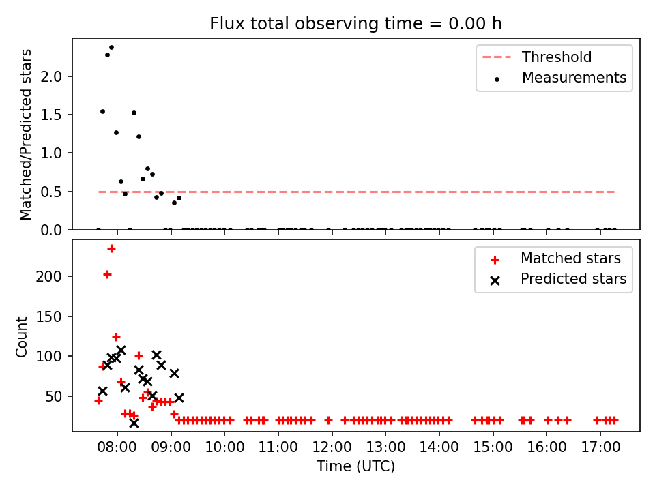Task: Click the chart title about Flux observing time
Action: pyautogui.click(x=355, y=24)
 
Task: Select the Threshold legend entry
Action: pyautogui.click(x=537, y=57)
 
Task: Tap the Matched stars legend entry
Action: pyautogui.click(x=555, y=258)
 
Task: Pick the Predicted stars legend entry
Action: pyautogui.click(x=557, y=279)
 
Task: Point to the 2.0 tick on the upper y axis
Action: pyautogui.click(x=50, y=76)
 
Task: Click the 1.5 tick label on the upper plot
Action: pyautogui.click(x=50, y=115)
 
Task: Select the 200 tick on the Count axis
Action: pyautogui.click(x=48, y=276)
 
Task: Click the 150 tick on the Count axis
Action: pyautogui.click(x=48, y=316)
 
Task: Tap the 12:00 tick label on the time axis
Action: pyautogui.click(x=332, y=447)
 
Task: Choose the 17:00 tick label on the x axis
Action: pyautogui.click(x=600, y=447)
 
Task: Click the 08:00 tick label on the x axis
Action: pyautogui.click(x=117, y=447)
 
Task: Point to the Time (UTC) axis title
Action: pyautogui.click(x=355, y=466)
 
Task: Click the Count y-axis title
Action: pyautogui.click(x=21, y=337)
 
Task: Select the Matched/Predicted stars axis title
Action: pyautogui.click(x=25, y=134)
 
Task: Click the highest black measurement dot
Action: pyautogui.click(x=111, y=48)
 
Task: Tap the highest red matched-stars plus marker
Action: pyautogui.click(x=111, y=249)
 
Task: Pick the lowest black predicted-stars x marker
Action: pyautogui.click(x=134, y=423)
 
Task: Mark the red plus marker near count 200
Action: pyautogui.click(x=107, y=275)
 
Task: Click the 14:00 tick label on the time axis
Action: pyautogui.click(x=439, y=447)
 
